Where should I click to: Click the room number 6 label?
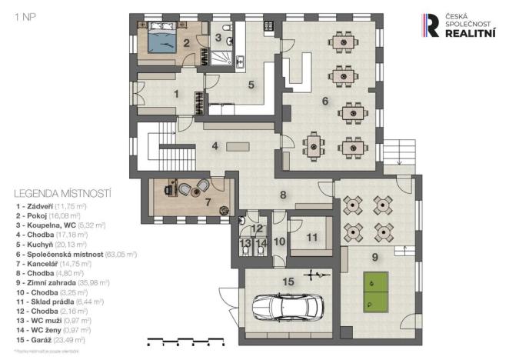(x=324, y=100)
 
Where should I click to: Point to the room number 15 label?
(x=288, y=282)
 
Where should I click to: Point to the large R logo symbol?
(x=433, y=25)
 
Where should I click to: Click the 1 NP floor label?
(x=25, y=15)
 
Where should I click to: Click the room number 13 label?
(x=245, y=244)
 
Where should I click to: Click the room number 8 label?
(x=283, y=195)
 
